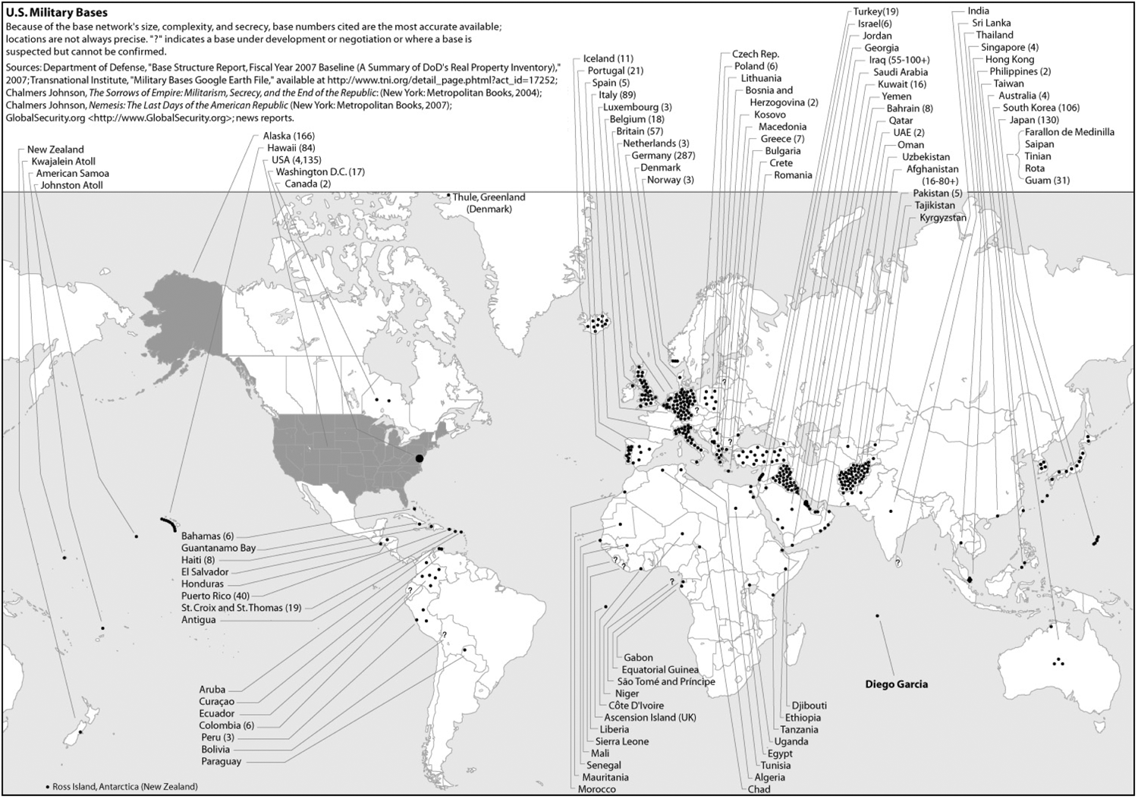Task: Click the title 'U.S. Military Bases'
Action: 56,12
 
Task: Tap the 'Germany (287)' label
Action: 663,156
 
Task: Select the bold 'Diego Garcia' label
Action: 896,684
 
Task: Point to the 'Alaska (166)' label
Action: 288,136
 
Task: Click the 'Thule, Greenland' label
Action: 489,197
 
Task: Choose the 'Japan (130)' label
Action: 1034,120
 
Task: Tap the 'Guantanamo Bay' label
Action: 218,548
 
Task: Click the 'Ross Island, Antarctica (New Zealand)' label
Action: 124,786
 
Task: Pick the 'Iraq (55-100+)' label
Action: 899,60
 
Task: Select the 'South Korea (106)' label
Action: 1041,108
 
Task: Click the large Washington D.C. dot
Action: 420,458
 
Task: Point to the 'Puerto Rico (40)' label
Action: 215,596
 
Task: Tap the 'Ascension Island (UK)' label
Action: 650,717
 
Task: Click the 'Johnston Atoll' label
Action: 71,185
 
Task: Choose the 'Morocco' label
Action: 597,789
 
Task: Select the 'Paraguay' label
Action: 222,761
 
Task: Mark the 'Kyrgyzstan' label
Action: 943,218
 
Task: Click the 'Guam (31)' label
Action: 1047,181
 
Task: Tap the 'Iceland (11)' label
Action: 608,58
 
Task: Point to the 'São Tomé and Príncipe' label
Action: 666,681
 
